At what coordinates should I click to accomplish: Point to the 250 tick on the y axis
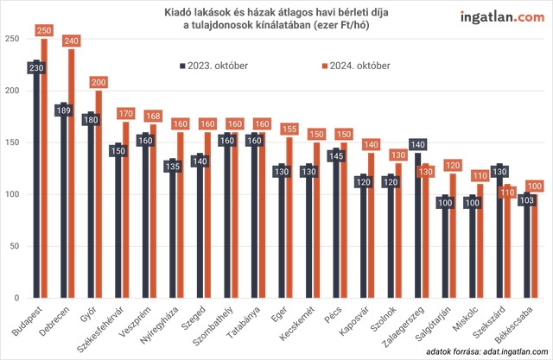pyautogui.click(x=12, y=40)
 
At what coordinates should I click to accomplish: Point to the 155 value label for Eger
pyautogui.click(x=290, y=129)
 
